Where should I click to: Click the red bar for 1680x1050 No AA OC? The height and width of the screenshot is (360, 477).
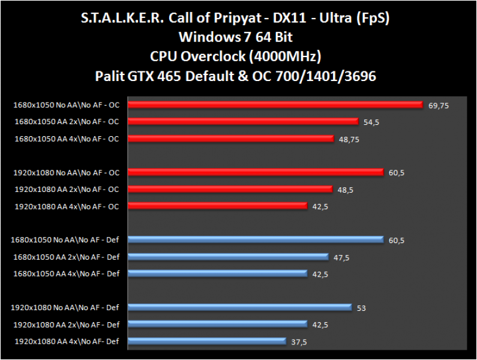tap(276, 105)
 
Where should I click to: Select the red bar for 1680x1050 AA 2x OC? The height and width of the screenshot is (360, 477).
tap(243, 122)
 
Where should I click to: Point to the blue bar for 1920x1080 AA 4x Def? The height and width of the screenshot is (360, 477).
tap(207, 341)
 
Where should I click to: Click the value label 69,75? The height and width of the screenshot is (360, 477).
tap(439, 105)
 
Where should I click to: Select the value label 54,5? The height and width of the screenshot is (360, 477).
tap(372, 122)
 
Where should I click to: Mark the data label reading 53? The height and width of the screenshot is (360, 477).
tap(361, 308)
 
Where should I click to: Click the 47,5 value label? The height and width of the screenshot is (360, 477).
tap(342, 257)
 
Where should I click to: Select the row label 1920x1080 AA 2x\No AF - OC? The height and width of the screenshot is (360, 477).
tap(67, 190)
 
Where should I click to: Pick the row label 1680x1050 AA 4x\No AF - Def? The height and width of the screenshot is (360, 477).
tap(67, 274)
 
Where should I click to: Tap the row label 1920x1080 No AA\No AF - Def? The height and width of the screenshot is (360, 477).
tap(65, 308)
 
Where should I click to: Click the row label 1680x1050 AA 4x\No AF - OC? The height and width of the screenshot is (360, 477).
tap(67, 139)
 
